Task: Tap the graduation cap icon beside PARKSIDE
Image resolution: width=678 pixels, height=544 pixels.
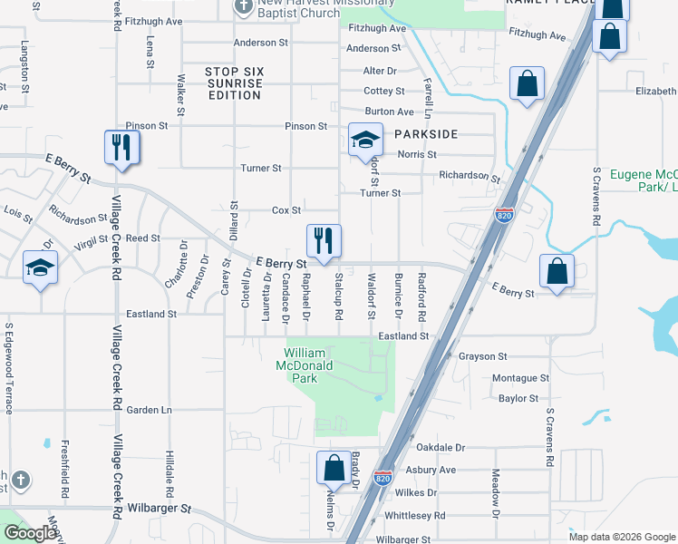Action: pos(364,140)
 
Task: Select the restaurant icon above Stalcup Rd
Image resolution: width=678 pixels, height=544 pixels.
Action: pos(324,240)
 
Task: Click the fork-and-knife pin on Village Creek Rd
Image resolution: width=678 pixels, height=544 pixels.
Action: pos(122,147)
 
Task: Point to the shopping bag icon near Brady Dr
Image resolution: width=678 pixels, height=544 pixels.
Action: pos(334,469)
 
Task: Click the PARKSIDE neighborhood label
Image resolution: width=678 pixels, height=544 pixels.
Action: pos(426,134)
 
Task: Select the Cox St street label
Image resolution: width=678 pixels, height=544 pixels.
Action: pos(286,210)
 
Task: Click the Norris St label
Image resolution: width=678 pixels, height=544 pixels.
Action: pos(417,155)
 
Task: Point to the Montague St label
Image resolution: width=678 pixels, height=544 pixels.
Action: pos(521,378)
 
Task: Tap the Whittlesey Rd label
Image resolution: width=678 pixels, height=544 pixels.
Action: pos(415,515)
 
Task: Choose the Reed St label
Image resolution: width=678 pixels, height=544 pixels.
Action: pos(142,238)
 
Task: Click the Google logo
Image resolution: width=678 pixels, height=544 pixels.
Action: pos(30,533)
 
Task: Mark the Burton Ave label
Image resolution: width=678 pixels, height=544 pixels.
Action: pos(389,112)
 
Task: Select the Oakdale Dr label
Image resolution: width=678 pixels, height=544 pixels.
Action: pos(441,448)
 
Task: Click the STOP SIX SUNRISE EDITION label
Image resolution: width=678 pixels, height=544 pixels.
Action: pos(233,83)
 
